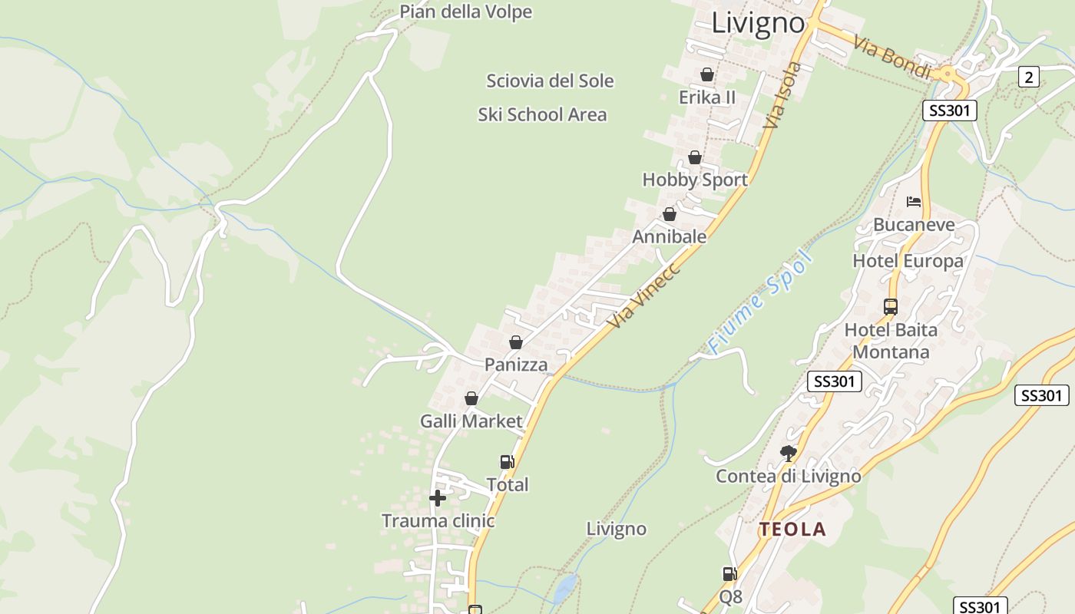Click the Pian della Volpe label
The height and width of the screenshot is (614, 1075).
(x=465, y=12)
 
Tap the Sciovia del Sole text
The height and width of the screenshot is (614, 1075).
(x=550, y=81)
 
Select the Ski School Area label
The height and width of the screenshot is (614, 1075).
(x=542, y=115)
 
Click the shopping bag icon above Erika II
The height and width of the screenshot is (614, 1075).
(x=707, y=74)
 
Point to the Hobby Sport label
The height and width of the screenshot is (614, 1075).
(x=695, y=180)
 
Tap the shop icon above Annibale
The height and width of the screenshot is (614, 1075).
(x=670, y=214)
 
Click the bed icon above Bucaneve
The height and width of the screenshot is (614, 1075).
(x=914, y=202)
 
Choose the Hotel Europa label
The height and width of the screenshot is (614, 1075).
(x=908, y=261)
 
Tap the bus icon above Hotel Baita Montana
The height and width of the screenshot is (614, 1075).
(x=891, y=307)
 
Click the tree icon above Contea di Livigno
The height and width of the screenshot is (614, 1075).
(x=788, y=453)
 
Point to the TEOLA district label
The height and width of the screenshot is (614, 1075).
(x=792, y=530)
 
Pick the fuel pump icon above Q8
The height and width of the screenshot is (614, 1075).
(x=729, y=573)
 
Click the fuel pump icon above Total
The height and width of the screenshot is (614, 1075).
(x=507, y=462)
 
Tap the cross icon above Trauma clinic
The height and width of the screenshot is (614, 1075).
(x=438, y=498)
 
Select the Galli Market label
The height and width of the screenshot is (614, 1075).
(x=471, y=421)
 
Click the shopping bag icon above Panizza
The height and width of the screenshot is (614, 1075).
(x=516, y=342)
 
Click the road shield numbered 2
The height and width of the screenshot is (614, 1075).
(x=1029, y=77)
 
